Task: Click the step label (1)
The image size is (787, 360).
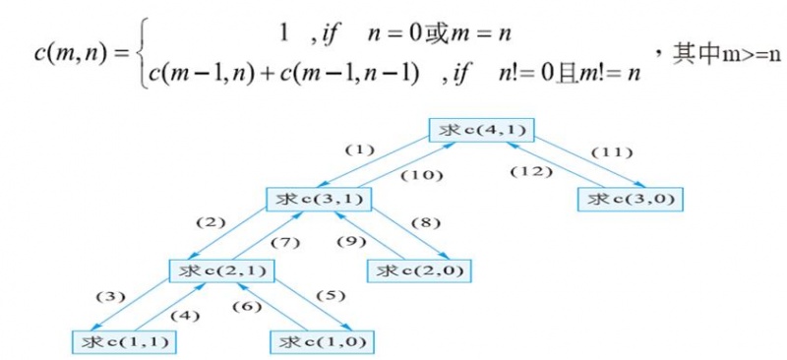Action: [361, 150]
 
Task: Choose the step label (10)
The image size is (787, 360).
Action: [423, 175]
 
